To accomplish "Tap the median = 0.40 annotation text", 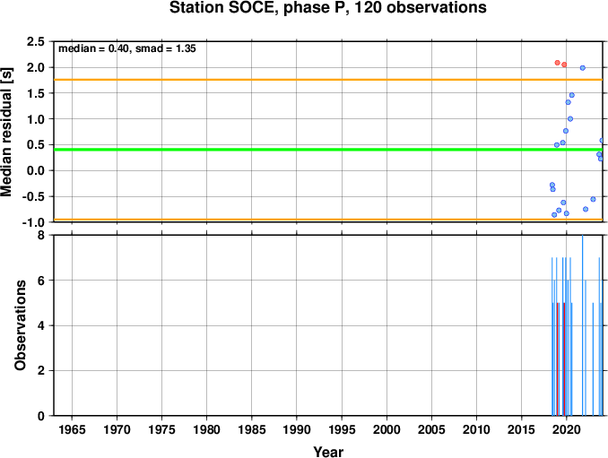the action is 93,48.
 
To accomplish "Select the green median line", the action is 328,150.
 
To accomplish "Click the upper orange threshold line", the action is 328,80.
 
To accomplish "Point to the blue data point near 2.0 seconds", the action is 582,68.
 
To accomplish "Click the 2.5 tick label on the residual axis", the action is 35,42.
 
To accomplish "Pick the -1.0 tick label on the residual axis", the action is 33,222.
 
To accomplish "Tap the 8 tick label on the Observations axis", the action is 40,235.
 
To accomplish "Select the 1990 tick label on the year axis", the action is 297,429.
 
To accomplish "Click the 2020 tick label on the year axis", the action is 567,429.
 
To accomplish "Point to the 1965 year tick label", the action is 72,429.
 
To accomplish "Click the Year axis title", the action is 328,452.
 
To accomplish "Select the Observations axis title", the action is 20,325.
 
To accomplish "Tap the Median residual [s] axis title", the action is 6,132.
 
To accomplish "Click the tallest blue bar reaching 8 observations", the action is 582,325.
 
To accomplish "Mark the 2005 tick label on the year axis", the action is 431,429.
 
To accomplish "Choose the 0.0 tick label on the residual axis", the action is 35,170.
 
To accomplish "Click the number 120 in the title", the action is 368,8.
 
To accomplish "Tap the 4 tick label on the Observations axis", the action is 40,325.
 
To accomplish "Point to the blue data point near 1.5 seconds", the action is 571,95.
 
